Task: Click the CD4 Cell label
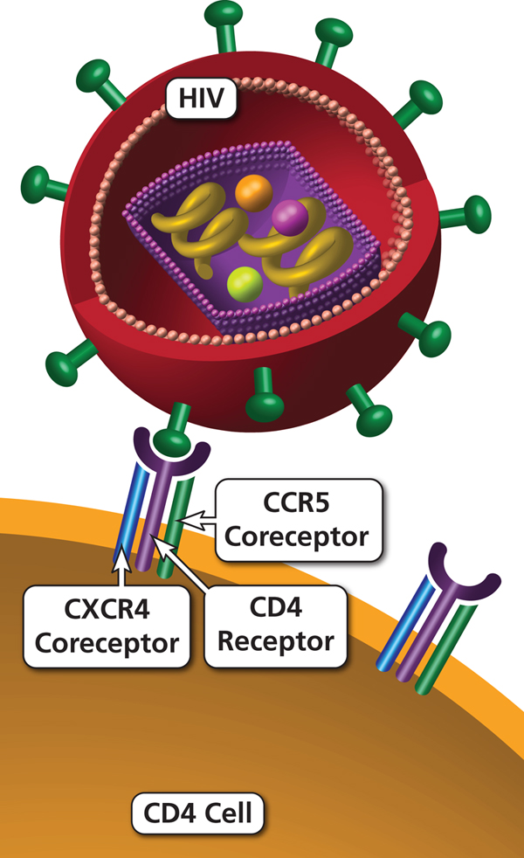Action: coord(196,815)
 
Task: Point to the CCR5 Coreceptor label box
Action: coord(300,519)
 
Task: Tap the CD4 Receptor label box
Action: coord(275,627)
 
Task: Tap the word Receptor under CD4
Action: coord(275,643)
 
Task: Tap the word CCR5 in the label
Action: coord(300,505)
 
